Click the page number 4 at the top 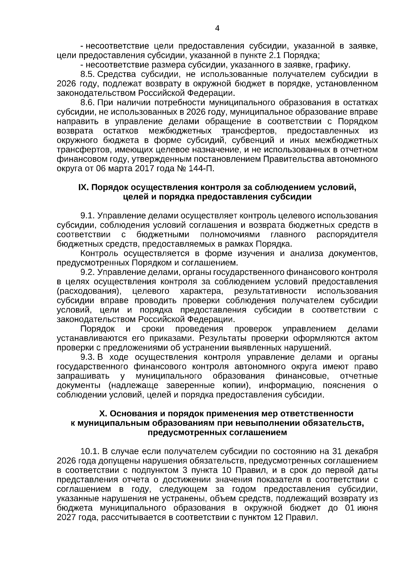(217, 28)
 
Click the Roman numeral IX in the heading (83, 187)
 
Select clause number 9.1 (88, 216)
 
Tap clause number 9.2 (88, 272)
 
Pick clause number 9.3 (88, 357)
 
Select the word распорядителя (347, 235)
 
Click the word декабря (363, 451)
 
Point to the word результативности (270, 291)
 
